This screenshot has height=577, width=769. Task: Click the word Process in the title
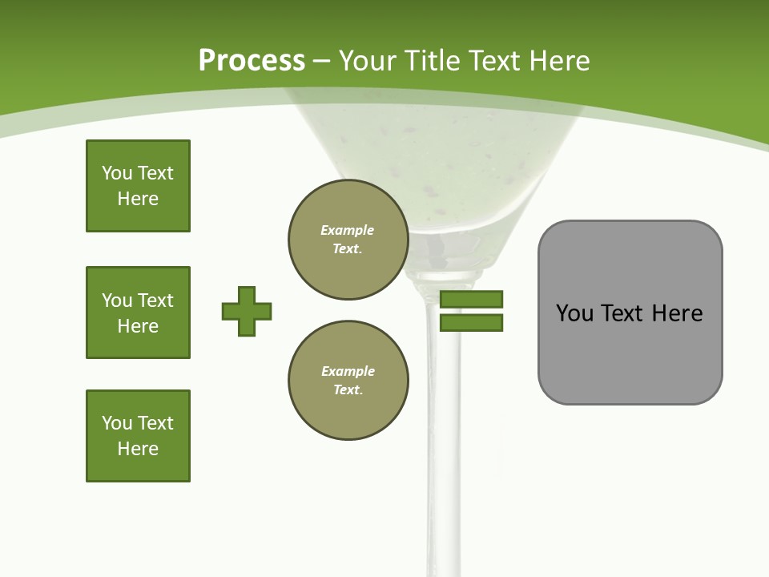[x=252, y=61]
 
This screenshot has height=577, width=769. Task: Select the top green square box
[x=138, y=186]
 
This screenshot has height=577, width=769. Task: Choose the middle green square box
[x=138, y=313]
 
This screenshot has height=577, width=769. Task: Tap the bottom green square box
[x=138, y=436]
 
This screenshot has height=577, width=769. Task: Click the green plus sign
[x=247, y=311]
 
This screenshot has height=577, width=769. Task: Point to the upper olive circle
[x=348, y=240]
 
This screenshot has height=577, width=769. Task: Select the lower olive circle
[x=348, y=381]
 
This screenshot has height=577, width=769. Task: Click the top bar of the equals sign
[x=471, y=300]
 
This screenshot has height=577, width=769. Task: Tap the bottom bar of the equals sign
[x=471, y=322]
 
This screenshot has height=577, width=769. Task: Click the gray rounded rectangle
[x=630, y=353]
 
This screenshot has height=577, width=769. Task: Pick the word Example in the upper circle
[x=348, y=230]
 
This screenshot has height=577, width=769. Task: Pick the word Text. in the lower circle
[x=348, y=389]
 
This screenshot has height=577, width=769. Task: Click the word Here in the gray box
[x=677, y=313]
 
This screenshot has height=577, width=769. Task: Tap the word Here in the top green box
[x=138, y=199]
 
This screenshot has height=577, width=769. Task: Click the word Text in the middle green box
[x=155, y=301]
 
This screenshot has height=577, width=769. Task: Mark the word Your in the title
[x=366, y=61]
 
